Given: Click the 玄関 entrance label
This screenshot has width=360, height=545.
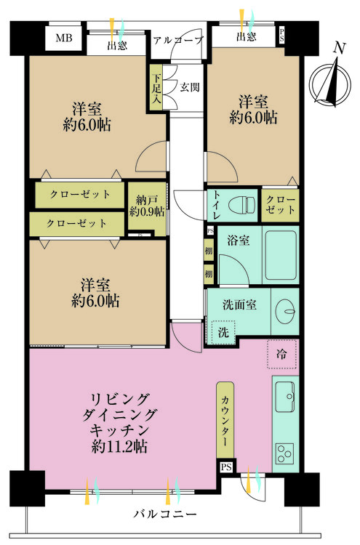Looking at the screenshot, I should [x=191, y=86].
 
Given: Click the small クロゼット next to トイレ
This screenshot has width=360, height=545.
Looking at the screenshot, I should [x=280, y=204].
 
